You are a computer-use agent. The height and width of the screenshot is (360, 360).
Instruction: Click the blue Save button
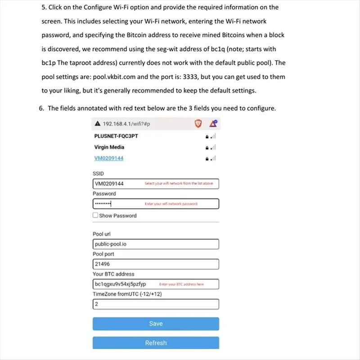(156, 324)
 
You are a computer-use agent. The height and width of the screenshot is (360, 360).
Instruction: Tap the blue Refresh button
(156, 343)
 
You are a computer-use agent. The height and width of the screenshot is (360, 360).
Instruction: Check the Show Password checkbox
(95, 216)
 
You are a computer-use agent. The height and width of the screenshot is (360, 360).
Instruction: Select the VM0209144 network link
(109, 158)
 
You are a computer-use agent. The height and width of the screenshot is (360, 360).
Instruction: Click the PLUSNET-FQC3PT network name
(116, 136)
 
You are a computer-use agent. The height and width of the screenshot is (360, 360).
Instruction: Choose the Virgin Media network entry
(109, 147)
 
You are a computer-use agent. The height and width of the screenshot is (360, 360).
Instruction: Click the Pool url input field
(156, 244)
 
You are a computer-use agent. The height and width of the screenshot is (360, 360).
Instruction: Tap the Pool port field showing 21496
(156, 264)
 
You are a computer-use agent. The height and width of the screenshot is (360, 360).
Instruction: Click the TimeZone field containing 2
(156, 304)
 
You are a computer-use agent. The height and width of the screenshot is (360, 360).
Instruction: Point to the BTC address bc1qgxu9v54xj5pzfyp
(120, 284)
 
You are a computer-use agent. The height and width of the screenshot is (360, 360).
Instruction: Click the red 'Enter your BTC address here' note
(181, 284)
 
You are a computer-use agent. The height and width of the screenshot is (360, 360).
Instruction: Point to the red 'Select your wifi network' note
(178, 184)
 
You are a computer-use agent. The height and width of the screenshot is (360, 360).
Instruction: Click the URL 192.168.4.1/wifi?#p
(126, 124)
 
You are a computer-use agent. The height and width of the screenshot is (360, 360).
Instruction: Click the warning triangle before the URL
(97, 124)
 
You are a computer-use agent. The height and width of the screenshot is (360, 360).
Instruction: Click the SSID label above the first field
(98, 174)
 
